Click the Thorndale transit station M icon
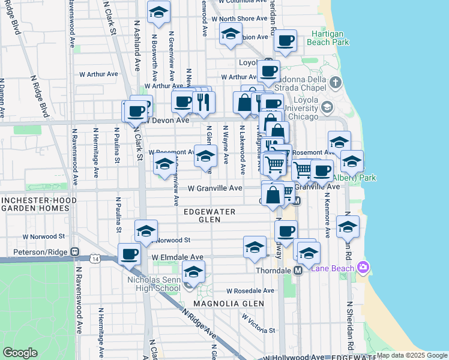click(x=298, y=271)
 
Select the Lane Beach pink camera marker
click(x=361, y=267)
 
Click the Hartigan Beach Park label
click(x=328, y=38)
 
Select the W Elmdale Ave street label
click(x=178, y=257)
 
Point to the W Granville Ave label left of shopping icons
click(x=215, y=188)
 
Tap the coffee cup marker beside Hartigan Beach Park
click(x=286, y=41)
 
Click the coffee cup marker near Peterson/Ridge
click(x=129, y=254)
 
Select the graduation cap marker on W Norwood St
click(x=146, y=230)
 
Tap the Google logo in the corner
click(x=20, y=353)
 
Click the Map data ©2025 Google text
click(x=412, y=355)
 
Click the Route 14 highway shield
click(x=95, y=259)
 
